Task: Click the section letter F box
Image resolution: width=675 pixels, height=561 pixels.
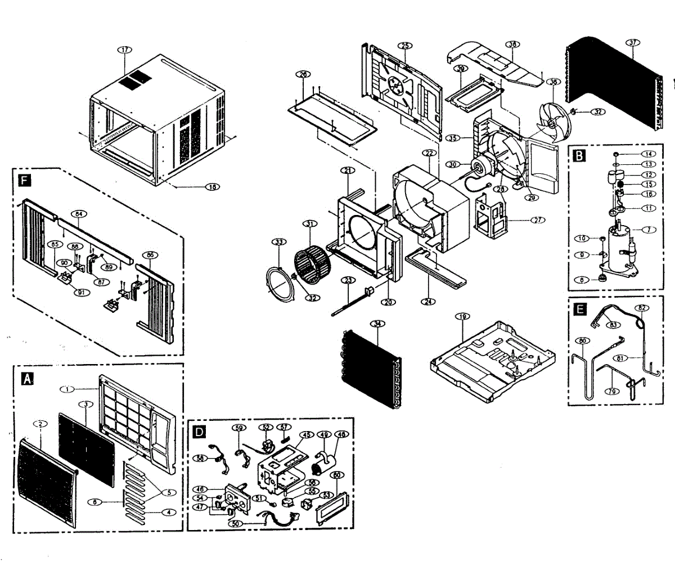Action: point(24,180)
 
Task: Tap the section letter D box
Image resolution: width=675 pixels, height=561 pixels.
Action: point(199,432)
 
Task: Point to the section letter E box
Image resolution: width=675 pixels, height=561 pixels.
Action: point(578,309)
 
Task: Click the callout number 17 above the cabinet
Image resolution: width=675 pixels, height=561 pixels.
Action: point(124,50)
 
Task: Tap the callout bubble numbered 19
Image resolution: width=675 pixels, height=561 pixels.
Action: point(462,317)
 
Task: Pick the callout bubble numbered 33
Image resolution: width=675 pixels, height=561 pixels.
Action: point(277,242)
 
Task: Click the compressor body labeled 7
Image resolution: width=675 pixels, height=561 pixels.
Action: point(622,248)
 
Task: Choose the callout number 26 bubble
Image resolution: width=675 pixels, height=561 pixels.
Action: point(303,74)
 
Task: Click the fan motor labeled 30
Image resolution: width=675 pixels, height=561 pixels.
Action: point(482,165)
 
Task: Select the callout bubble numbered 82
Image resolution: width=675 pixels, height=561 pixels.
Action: point(642,308)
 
